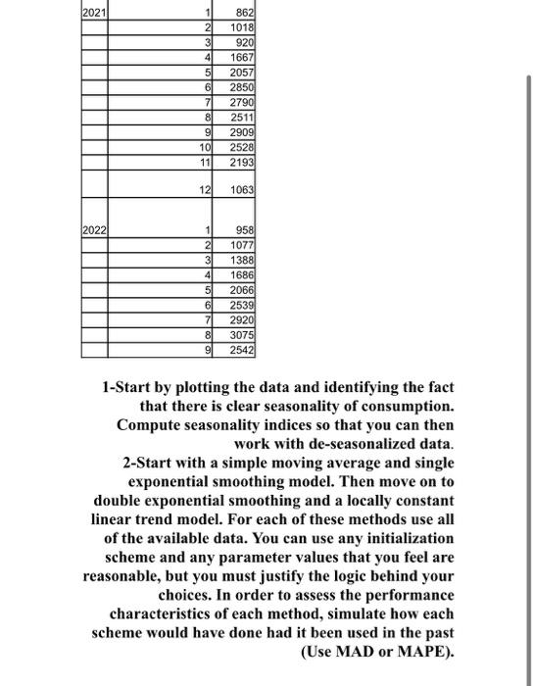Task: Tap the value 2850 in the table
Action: point(242,88)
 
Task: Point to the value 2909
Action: point(242,131)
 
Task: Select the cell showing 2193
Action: point(242,160)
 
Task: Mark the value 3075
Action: point(242,334)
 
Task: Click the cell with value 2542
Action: point(242,349)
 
